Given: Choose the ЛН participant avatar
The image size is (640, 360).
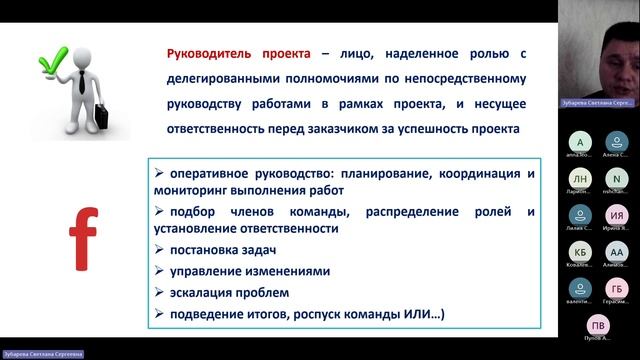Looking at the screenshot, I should click(579, 178).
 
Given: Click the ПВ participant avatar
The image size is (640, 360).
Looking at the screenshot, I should click(598, 325).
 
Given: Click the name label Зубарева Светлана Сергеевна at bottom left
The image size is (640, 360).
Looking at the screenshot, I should click(42, 353).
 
